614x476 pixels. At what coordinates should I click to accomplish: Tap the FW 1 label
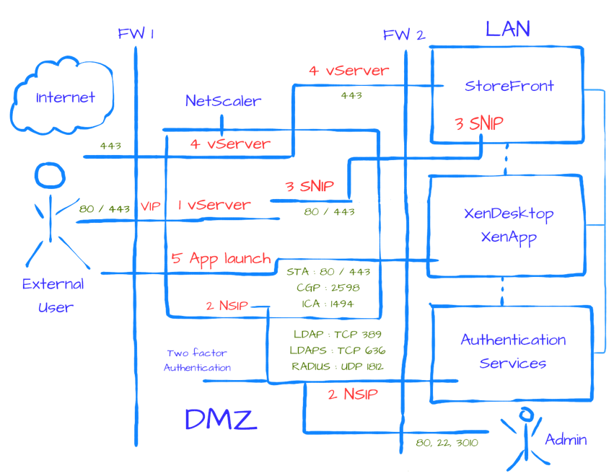coord(136,34)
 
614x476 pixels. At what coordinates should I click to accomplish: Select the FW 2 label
coord(404,35)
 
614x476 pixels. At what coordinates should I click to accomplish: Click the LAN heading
coord(508,29)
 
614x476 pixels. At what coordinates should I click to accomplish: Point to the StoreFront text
coord(509,86)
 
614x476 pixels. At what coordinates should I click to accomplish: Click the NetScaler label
coord(223,101)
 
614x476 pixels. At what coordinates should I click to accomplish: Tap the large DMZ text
coord(221,419)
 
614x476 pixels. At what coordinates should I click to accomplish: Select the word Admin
coord(566,439)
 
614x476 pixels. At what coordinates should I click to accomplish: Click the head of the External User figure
coord(50,175)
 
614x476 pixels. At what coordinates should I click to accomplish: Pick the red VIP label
coord(150,206)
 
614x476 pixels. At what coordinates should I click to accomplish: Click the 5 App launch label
coord(222,259)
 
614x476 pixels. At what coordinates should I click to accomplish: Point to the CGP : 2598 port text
coord(328,288)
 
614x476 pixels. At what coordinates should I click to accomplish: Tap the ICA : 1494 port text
coord(328,304)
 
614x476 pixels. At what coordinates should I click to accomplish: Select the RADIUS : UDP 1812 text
coord(338,366)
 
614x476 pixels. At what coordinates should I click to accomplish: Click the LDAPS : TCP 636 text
coord(338,351)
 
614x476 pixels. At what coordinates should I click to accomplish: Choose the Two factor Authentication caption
coord(197,360)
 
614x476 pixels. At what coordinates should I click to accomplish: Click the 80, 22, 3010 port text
coord(447,443)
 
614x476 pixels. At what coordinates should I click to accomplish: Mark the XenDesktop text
coord(509,213)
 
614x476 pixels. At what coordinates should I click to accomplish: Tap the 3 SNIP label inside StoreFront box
coord(479,124)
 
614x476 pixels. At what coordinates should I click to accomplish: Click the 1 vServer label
coord(214,205)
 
